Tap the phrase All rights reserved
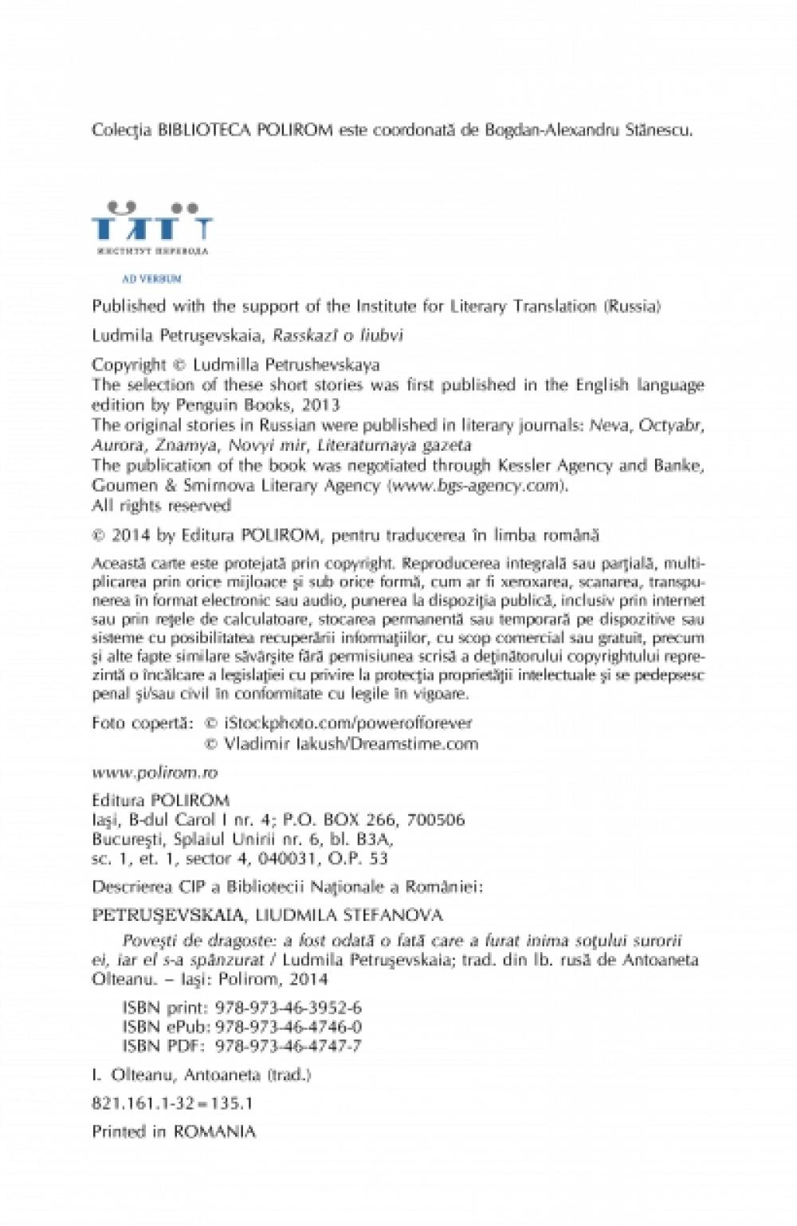(x=161, y=506)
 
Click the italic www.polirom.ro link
(x=155, y=772)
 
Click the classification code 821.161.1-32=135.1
(x=172, y=1103)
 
